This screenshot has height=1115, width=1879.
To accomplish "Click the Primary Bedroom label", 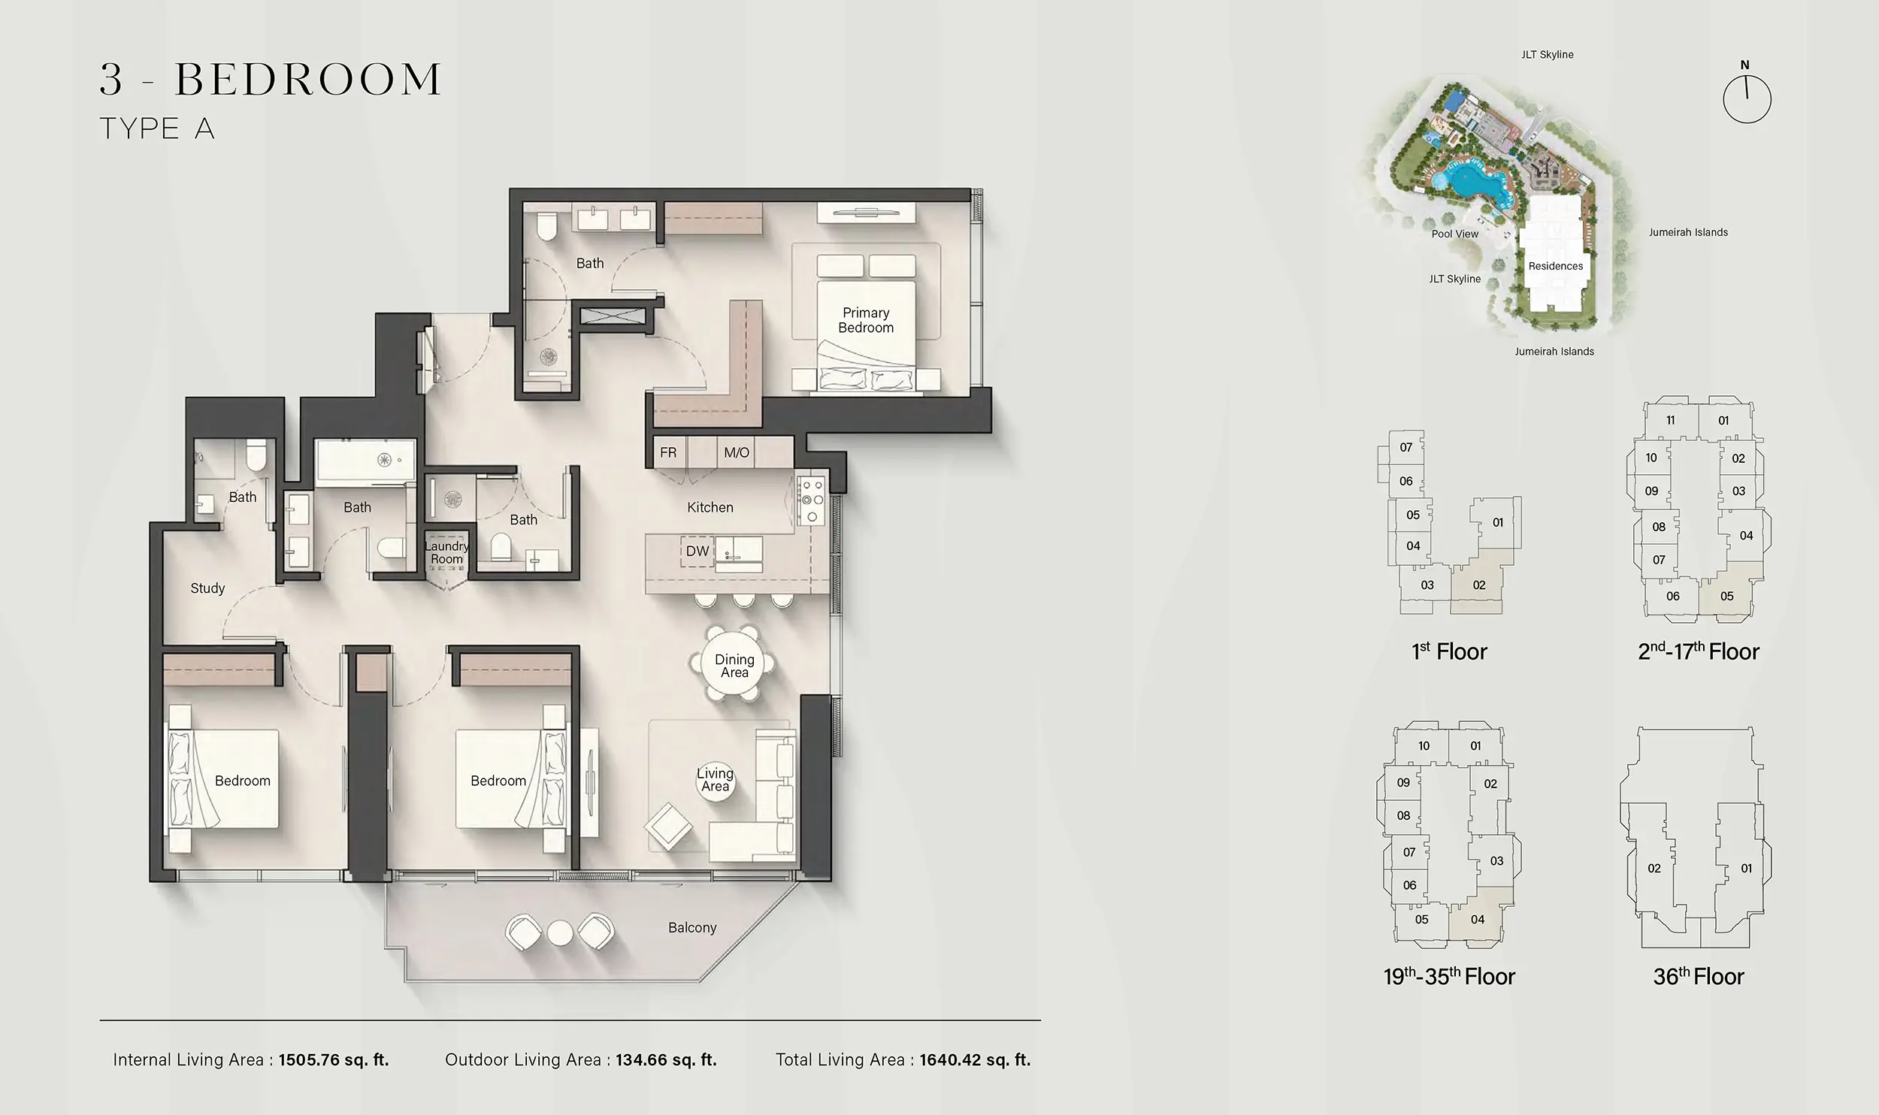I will [866, 320].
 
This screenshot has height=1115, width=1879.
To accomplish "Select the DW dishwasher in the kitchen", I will [697, 551].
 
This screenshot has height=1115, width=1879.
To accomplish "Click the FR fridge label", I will [668, 452].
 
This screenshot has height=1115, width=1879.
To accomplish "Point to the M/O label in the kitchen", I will [737, 452].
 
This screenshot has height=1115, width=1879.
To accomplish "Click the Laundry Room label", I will [446, 553].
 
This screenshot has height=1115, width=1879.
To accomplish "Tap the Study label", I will [207, 588].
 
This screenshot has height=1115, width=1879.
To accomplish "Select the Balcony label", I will [692, 928].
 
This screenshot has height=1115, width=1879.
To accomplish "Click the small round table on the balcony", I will [560, 933].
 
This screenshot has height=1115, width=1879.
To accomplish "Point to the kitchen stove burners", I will [812, 500].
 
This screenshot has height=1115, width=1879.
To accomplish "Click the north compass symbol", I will [1747, 98].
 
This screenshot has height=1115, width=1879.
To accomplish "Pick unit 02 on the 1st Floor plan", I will [1479, 585].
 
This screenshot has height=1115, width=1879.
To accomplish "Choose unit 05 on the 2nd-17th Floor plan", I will [1727, 597].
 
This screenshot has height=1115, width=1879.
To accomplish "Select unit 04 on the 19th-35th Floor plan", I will [1478, 920].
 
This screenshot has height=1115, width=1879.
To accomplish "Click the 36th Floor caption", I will [1698, 977].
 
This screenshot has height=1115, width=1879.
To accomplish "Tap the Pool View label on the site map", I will [1455, 234].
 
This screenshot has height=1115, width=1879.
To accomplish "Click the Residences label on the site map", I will [1556, 266].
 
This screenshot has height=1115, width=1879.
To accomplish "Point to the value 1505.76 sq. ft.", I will [334, 1060].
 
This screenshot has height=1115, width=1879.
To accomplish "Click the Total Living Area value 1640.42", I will [975, 1060].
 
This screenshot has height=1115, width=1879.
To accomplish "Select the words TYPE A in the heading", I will [158, 129].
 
